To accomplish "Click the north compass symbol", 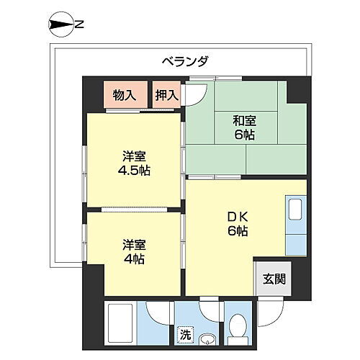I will (x=60, y=25).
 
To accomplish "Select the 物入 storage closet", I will (x=125, y=94).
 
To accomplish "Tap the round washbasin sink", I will (x=207, y=338).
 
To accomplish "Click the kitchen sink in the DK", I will (x=294, y=210).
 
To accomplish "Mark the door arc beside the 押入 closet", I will (x=196, y=94).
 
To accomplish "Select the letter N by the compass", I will (x=79, y=25).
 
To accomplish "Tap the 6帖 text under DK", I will (x=238, y=230).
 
